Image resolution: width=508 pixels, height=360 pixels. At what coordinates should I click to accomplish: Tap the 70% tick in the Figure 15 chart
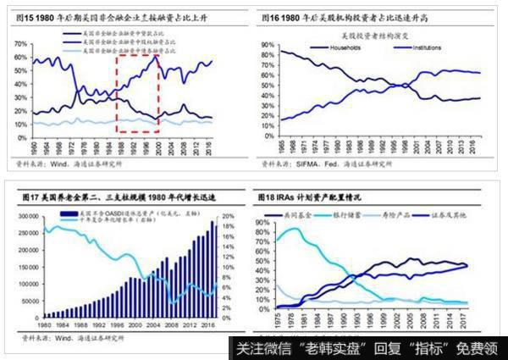[15, 42]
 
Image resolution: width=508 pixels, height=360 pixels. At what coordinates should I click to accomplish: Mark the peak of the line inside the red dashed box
[156, 57]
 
